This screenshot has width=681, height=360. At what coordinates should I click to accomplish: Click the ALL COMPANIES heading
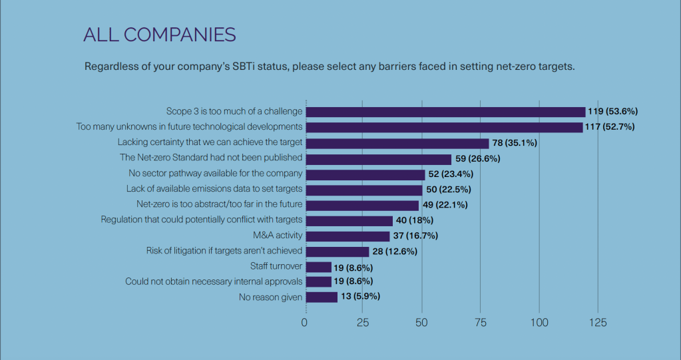point(160,35)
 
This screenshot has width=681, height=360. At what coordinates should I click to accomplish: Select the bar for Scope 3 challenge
point(445,112)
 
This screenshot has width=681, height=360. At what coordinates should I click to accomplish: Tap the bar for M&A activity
point(347,236)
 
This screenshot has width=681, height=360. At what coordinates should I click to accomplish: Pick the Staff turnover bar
point(318,267)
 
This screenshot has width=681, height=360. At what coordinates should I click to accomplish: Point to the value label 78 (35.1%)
point(515,143)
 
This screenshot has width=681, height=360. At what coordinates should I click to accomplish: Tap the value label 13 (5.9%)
point(360,297)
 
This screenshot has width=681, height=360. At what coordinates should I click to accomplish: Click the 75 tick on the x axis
point(480,323)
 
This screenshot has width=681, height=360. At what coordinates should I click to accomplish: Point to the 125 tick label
point(597,323)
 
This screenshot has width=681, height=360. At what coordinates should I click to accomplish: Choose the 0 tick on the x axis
point(305,323)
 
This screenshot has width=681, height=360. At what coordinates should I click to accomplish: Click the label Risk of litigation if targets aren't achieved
point(224,251)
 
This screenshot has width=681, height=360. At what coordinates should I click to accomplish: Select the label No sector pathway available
point(216,173)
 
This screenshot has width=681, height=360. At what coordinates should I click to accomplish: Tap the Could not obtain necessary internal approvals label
point(214,281)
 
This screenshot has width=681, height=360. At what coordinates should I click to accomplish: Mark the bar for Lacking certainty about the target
point(397,143)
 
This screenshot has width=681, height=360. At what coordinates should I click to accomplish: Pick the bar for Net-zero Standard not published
point(378,158)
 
